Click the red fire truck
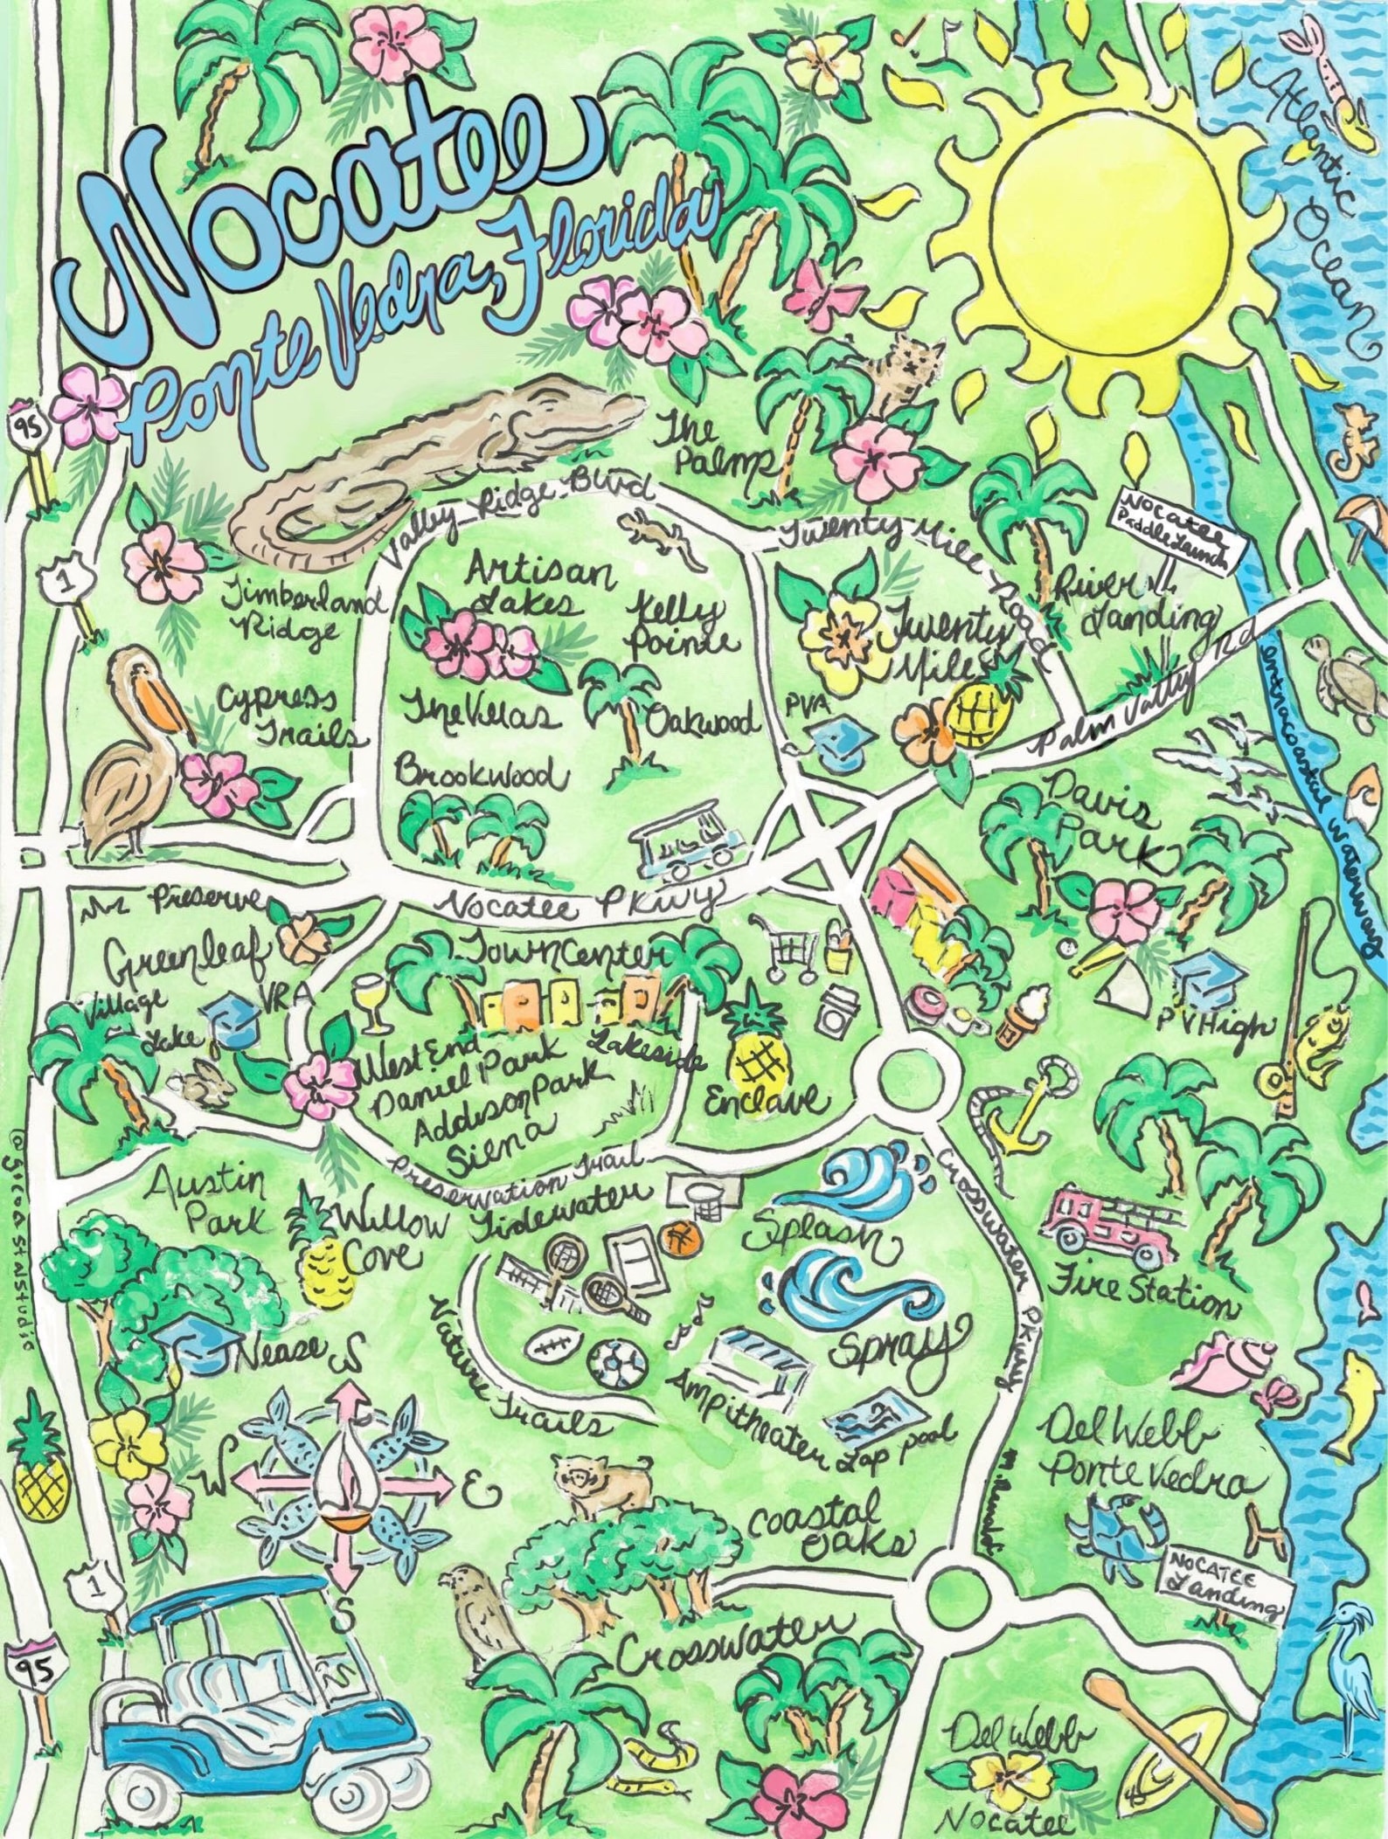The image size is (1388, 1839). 1110,1223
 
